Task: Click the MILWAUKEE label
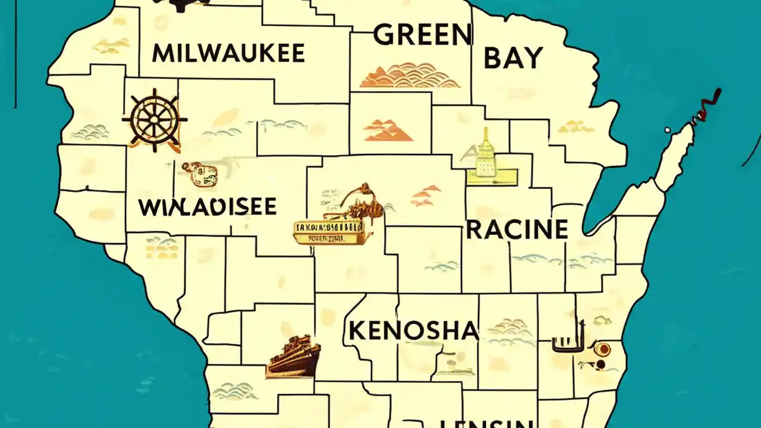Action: tap(228, 53)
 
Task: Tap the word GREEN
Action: tap(422, 36)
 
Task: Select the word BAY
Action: tap(513, 58)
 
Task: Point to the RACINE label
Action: tap(517, 229)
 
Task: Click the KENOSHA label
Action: tap(413, 331)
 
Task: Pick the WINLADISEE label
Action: tap(207, 207)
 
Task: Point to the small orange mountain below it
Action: tap(388, 130)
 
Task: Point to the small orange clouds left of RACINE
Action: tap(426, 196)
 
